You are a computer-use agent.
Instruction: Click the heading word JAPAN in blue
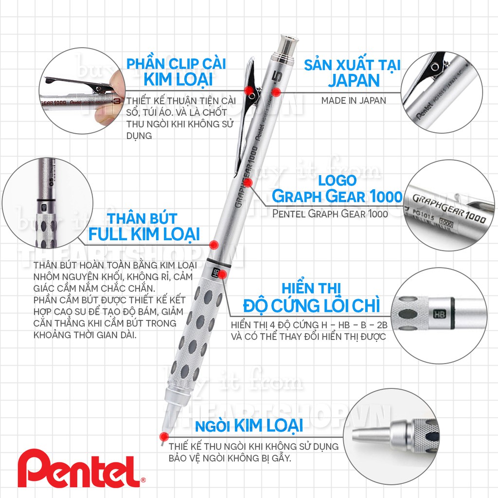click(x=353, y=80)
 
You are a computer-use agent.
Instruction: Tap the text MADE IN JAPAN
click(x=353, y=101)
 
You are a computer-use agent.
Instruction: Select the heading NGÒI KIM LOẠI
click(x=249, y=426)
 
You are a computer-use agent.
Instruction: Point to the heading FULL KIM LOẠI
click(x=144, y=234)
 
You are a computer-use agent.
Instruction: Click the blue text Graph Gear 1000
click(x=337, y=196)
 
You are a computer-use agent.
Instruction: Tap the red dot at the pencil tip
click(x=164, y=436)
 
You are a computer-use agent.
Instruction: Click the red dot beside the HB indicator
click(x=222, y=274)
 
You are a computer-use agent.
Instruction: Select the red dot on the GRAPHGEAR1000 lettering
click(x=248, y=182)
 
